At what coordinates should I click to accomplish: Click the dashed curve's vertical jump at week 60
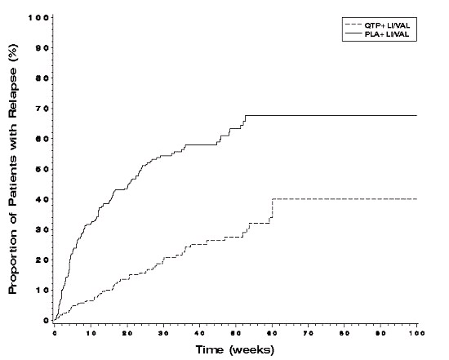point(272,210)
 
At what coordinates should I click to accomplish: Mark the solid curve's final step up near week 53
point(246,119)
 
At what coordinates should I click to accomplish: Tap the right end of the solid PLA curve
point(416,115)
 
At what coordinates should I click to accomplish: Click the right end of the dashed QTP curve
point(416,199)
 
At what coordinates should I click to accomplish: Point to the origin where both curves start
point(55,320)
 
